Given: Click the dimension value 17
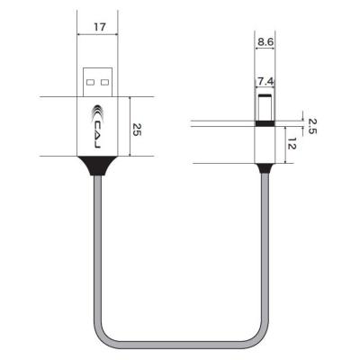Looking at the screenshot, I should pyautogui.click(x=99, y=28).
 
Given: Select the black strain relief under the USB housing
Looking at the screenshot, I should pyautogui.click(x=99, y=166).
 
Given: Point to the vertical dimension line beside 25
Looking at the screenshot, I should pyautogui.click(x=130, y=129).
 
